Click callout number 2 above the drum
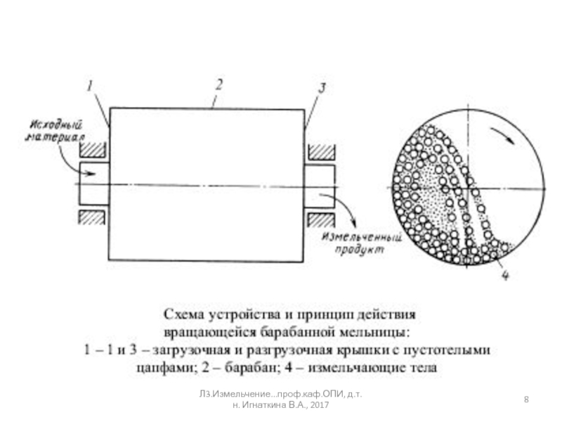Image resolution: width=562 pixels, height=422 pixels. click(218, 84)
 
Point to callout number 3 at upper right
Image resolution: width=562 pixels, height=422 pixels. click(322, 88)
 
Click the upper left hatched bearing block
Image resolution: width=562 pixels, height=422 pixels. click(93, 151)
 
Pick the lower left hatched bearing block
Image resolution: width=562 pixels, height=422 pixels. click(93, 217)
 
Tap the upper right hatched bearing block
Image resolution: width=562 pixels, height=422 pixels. click(321, 151)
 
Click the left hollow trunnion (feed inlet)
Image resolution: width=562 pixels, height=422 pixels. click(94, 184)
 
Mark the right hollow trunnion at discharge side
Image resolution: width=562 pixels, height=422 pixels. click(320, 184)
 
